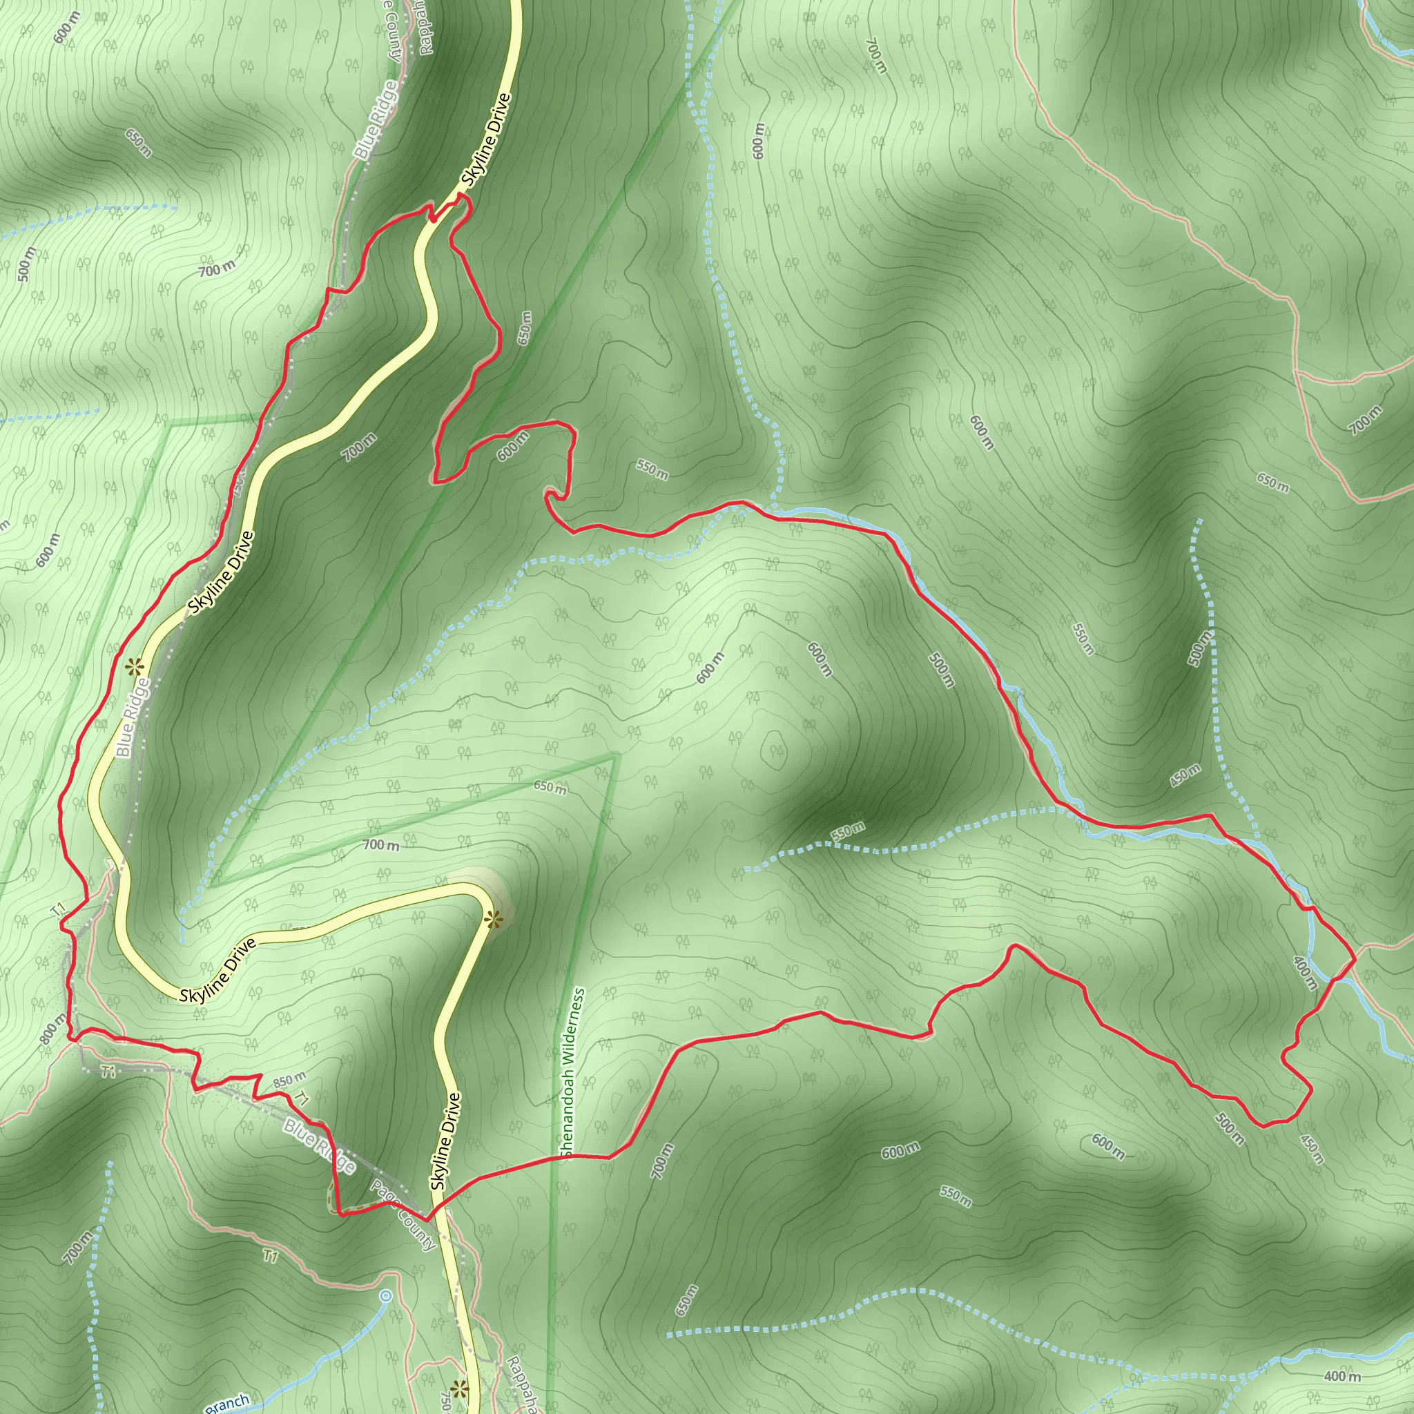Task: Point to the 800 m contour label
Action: click(x=53, y=1029)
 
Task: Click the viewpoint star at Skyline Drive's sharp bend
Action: click(x=493, y=919)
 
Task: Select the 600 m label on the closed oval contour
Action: click(x=710, y=667)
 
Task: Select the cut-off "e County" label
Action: click(x=394, y=35)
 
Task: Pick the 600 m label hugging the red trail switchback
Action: click(x=512, y=447)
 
